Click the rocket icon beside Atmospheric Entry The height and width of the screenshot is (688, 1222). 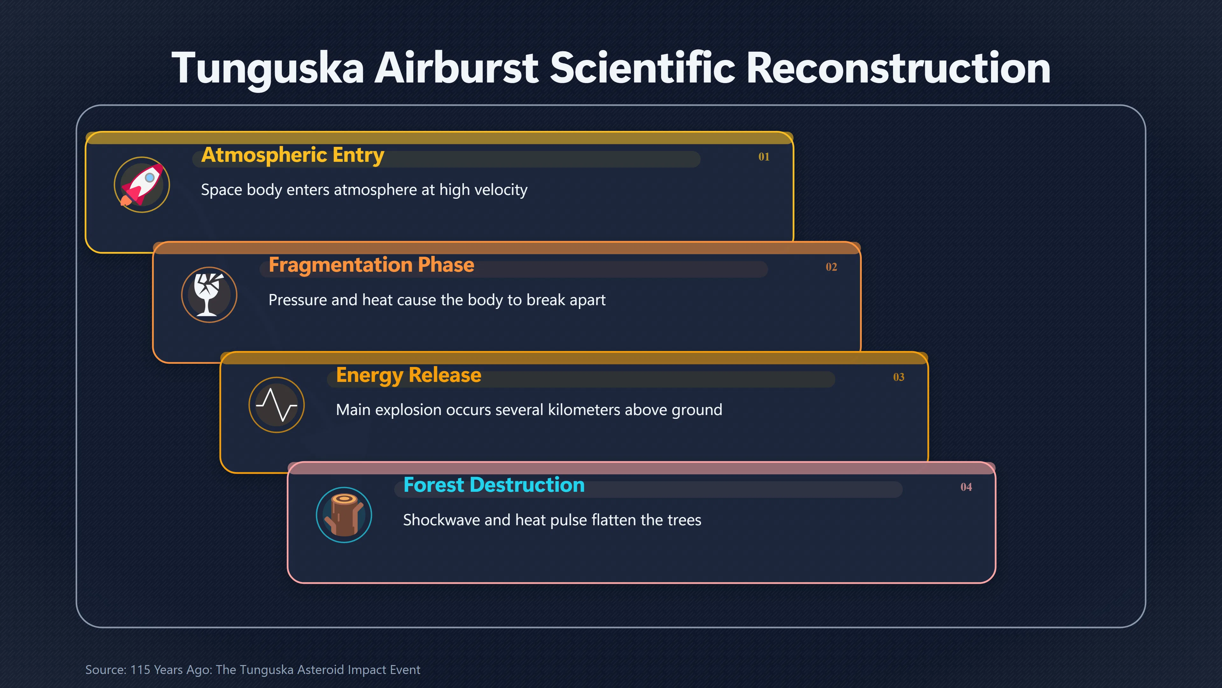tap(142, 185)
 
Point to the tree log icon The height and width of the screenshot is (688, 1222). tap(344, 515)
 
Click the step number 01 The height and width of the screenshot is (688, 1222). tap(764, 157)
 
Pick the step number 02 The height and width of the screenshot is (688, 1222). tap(831, 267)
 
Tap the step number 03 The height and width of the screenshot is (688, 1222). tap(898, 377)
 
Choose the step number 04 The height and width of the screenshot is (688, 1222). tap(966, 487)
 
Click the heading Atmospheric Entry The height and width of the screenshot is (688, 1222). tap(293, 155)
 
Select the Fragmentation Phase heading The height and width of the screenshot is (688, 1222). tap(371, 265)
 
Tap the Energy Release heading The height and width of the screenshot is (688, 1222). tap(408, 376)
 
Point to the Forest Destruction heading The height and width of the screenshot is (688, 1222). tap(494, 485)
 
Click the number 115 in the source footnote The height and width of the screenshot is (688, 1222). tap(140, 670)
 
